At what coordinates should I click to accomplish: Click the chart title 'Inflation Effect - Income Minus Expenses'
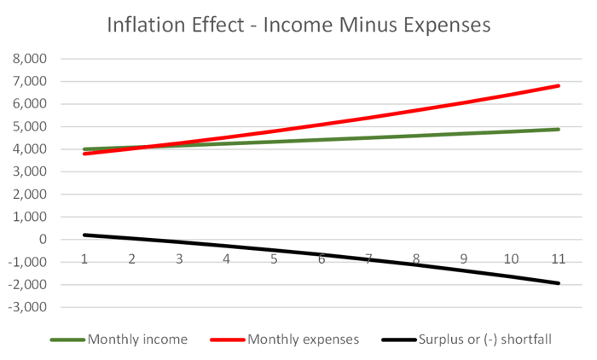pos(298,25)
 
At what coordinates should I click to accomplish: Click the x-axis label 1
pos(84,258)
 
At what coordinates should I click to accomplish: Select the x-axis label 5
pos(274,258)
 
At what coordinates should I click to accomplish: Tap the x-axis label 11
pos(559,258)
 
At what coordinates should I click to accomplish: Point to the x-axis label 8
pos(416,258)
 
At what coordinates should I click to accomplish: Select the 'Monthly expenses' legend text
pos(304,340)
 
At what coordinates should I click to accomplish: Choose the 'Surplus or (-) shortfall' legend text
pos(485,340)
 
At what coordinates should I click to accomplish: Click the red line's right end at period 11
pos(559,85)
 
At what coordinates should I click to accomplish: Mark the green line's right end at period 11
pos(559,130)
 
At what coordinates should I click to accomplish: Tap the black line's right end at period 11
pos(559,283)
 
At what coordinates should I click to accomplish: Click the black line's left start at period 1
pos(84,235)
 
